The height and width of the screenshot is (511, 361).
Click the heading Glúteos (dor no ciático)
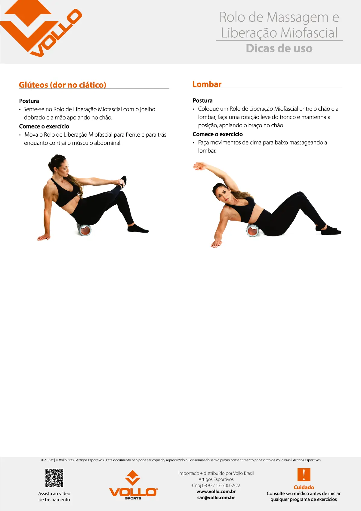coord(63,85)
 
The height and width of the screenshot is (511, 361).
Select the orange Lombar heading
coord(207,84)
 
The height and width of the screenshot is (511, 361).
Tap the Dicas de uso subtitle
coord(279,48)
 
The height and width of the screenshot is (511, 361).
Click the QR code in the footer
coord(54,478)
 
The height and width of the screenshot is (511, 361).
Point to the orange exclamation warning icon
coord(304,475)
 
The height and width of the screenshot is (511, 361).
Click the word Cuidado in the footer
coord(304,487)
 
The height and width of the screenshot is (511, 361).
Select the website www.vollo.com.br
coord(216,491)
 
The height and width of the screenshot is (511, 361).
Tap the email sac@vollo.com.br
coord(216,497)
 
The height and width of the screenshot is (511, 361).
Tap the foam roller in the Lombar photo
coord(253,230)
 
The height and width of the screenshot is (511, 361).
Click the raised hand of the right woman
coord(199,166)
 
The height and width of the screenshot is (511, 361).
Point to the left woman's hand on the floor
coord(44,237)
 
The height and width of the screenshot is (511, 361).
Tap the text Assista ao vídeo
coord(54,494)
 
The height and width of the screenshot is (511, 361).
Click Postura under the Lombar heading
coord(202,101)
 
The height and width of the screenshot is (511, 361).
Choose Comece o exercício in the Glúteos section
coord(44,126)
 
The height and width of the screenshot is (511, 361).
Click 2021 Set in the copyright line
coord(47,460)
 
